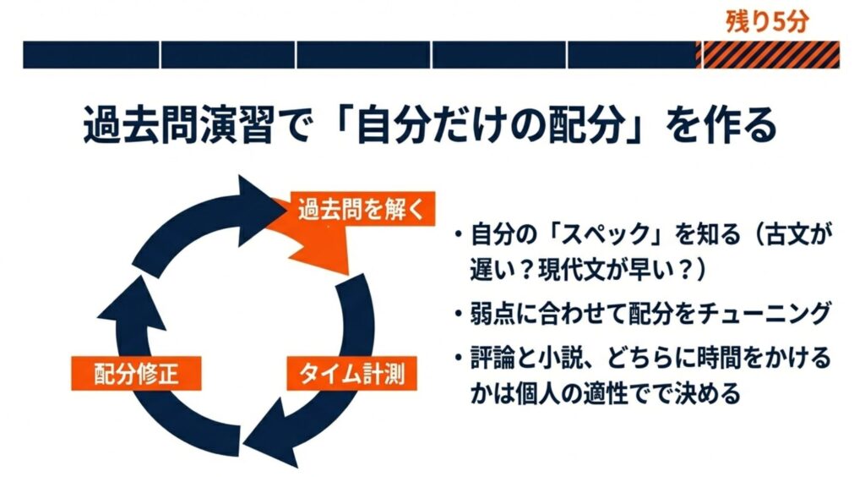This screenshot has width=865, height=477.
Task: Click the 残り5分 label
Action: pos(767,20)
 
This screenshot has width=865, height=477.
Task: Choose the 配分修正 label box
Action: pos(136,374)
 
